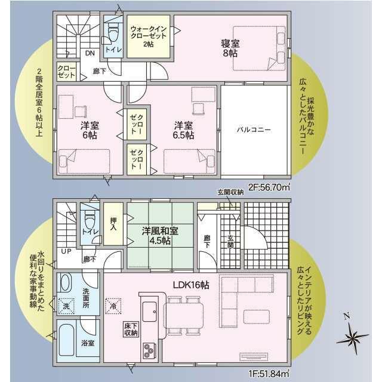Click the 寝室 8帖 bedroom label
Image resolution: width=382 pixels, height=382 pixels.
pos(230,48)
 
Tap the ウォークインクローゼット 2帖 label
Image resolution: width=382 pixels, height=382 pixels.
pos(149,36)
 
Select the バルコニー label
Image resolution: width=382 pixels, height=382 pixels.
pos(254,130)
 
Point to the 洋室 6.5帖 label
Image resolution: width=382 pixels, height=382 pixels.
pos(183,130)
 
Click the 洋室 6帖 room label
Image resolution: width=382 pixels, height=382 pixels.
pos(90,130)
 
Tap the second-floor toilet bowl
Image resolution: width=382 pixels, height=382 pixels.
pos(113,32)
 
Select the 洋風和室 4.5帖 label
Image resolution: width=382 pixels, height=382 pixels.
pos(160,236)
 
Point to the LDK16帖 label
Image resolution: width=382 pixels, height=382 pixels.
pos(191,285)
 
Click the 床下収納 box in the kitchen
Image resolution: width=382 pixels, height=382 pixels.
pos(131,329)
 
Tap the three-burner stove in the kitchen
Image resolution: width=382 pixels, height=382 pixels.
pos(149,350)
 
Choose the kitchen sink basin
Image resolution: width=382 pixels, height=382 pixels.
pos(150,312)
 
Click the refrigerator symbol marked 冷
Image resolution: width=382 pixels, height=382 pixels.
pos(113,306)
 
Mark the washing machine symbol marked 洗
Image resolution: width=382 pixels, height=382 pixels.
pos(66,306)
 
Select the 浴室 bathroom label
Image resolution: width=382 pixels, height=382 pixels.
pos(88,344)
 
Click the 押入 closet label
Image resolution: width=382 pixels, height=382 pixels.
pos(113,224)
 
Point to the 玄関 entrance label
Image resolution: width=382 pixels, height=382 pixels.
pos(230,242)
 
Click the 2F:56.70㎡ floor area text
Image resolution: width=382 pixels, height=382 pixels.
pos(269,187)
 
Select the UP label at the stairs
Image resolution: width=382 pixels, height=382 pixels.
pos(66,251)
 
